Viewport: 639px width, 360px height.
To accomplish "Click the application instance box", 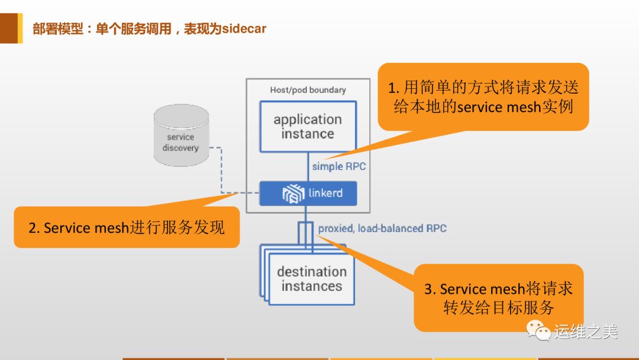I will coord(308,126).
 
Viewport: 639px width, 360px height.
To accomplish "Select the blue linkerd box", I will coord(308,193).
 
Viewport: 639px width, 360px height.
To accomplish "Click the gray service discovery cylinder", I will coord(180,136).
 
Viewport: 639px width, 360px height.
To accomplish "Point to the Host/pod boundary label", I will coord(308,90).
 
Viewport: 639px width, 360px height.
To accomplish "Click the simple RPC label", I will coord(339,166).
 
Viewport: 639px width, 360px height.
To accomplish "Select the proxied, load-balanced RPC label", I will coord(382,228).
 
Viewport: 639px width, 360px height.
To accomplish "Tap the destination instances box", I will coord(311,279).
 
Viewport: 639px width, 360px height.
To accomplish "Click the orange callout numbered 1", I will coord(483,97).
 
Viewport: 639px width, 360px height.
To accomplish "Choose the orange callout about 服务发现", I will coord(127,227).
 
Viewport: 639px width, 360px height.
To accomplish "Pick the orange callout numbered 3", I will coord(498,298).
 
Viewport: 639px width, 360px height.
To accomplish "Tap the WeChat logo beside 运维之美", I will coord(538,331).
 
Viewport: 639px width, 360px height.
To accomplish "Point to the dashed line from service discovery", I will coord(222,172).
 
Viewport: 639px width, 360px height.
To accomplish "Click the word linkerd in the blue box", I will coord(325,193).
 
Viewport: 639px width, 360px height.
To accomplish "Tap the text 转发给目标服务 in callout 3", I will coord(498,308).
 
